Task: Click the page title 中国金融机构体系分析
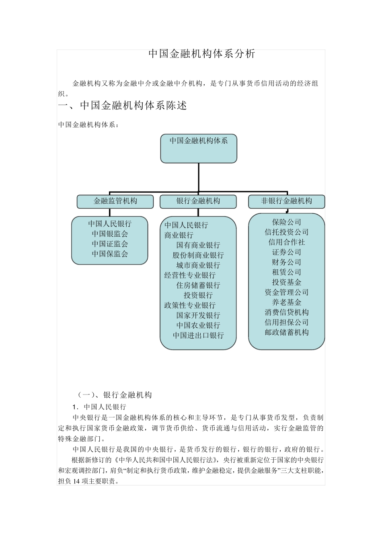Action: point(202,54)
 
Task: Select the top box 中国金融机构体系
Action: point(199,148)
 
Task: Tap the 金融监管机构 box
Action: point(115,201)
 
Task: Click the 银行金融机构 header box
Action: point(198,201)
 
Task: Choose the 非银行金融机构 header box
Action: point(286,201)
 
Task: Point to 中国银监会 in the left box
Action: point(110,234)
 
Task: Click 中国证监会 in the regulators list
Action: point(110,244)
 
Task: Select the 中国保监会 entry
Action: point(110,254)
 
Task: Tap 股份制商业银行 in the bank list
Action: point(198,255)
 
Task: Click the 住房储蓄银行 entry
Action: point(198,285)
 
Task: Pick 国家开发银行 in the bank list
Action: point(198,316)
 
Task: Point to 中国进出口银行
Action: point(198,336)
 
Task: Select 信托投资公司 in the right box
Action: point(287,232)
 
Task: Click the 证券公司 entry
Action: point(287,252)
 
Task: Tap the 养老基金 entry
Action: point(287,302)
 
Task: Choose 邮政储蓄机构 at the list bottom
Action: point(287,332)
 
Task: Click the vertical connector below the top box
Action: point(199,177)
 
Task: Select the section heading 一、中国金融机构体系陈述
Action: point(123,106)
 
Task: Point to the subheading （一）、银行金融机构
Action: point(115,395)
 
